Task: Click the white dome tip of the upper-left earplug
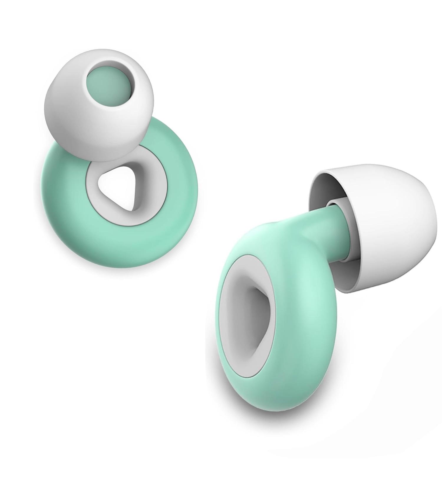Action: click(71, 124)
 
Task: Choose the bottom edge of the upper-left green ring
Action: click(124, 265)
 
